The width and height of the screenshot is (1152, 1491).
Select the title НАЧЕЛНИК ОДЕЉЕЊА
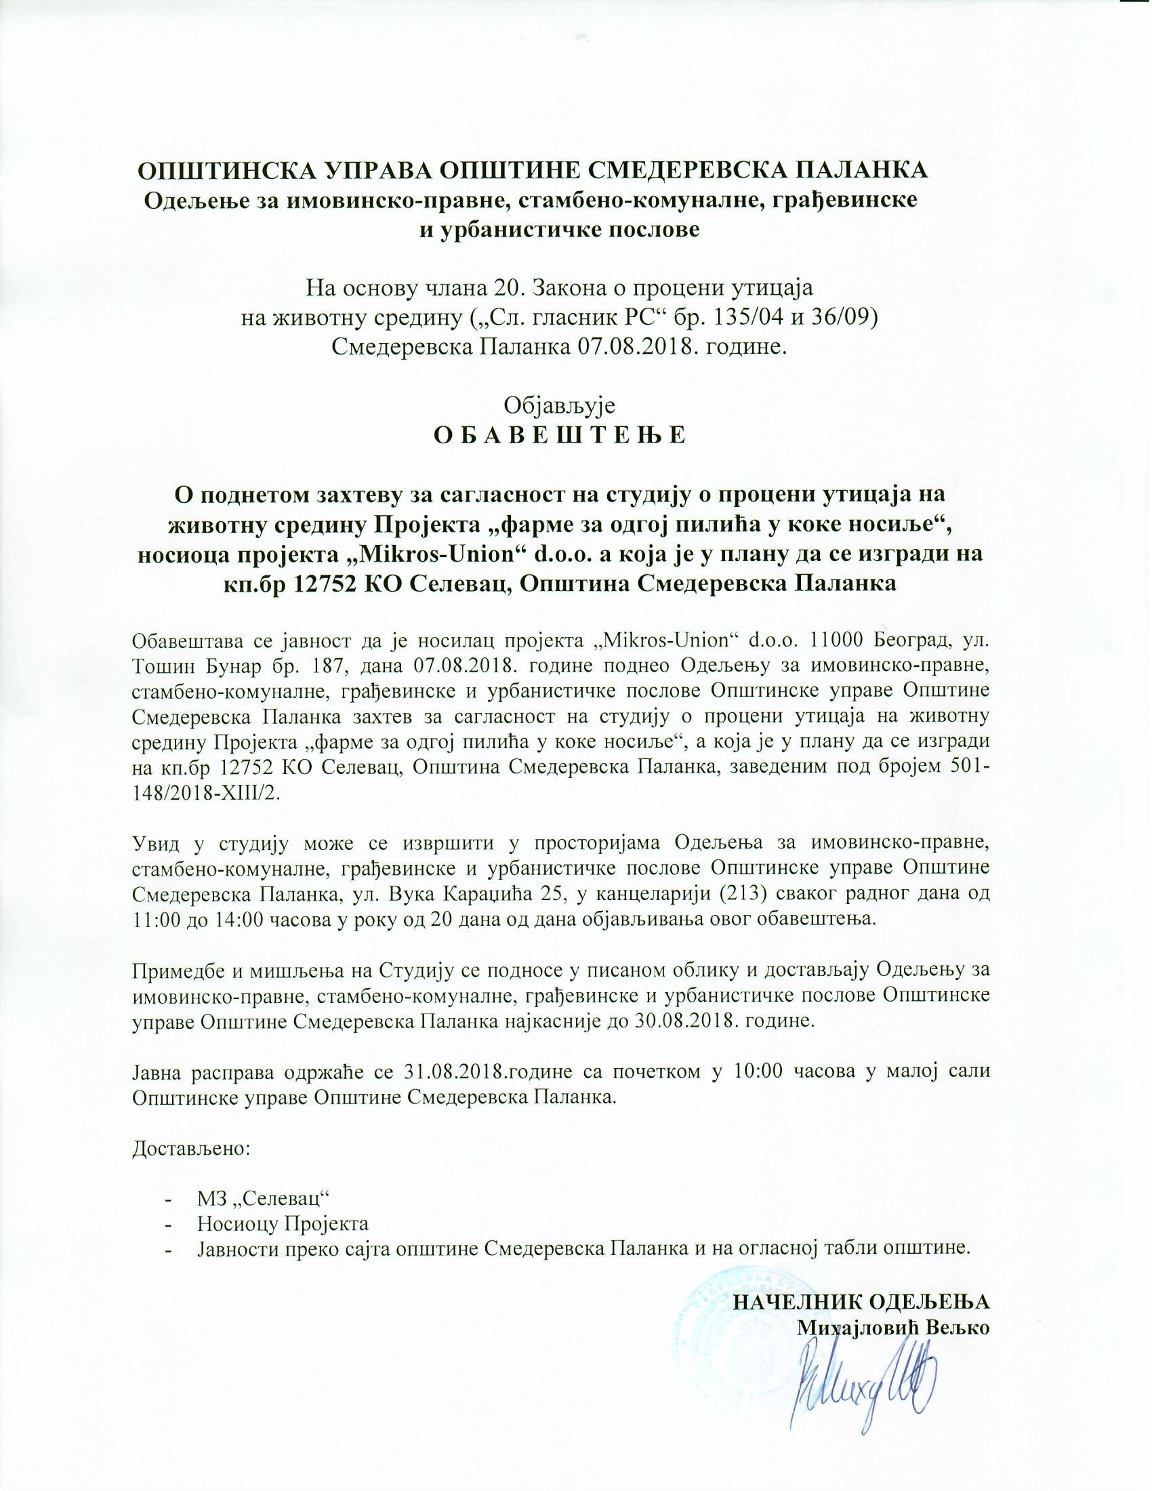(861, 1301)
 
